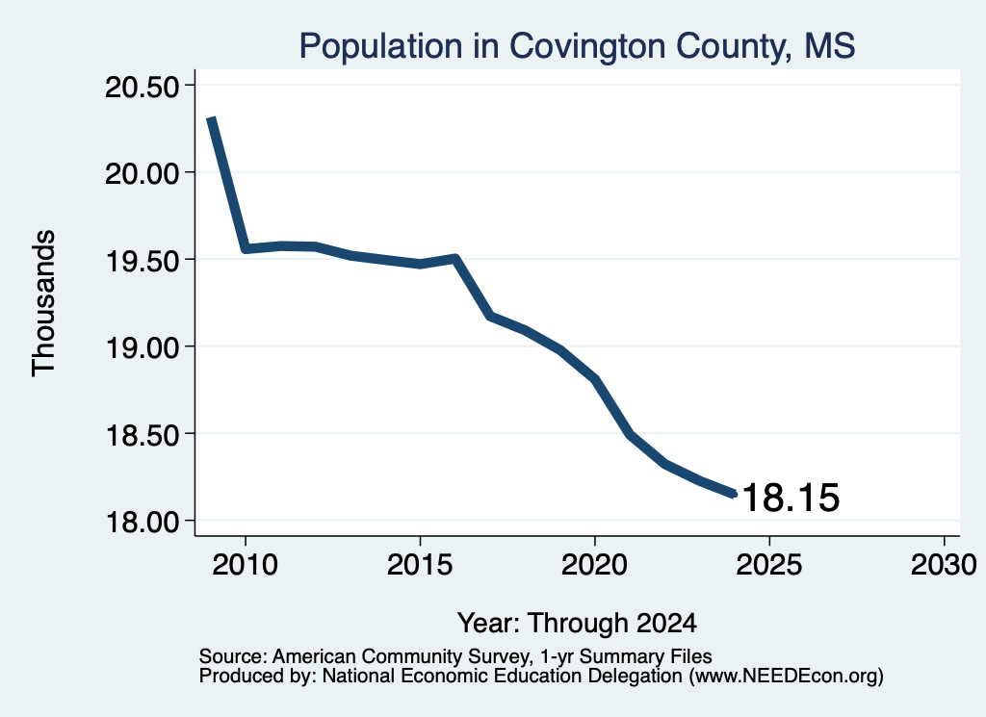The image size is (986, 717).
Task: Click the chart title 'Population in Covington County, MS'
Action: [x=577, y=46]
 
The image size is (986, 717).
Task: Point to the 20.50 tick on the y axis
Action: [x=142, y=87]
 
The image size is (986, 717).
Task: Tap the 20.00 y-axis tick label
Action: [x=142, y=173]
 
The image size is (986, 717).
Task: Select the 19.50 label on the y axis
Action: [x=142, y=260]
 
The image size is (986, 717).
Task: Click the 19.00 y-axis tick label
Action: [x=142, y=346]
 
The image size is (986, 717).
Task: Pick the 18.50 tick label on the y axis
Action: [x=142, y=434]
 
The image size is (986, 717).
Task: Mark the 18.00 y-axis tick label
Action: [x=142, y=522]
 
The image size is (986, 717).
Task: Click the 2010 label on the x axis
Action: [x=245, y=565]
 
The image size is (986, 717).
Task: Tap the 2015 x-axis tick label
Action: [x=420, y=565]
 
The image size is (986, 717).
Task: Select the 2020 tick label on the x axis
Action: [x=594, y=565]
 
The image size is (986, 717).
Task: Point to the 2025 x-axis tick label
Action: [x=769, y=565]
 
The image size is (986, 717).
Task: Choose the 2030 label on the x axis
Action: [x=944, y=565]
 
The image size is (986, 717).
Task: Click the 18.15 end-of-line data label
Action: [x=791, y=498]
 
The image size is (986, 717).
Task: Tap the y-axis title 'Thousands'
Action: [x=44, y=303]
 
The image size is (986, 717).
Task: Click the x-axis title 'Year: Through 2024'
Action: [x=577, y=624]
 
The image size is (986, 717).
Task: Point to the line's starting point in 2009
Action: [x=211, y=118]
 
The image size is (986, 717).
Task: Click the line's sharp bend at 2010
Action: [x=246, y=249]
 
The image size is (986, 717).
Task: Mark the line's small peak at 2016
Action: [x=454, y=258]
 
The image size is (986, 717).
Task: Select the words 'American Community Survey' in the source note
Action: [x=400, y=656]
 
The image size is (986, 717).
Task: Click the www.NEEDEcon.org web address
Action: [x=786, y=677]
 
